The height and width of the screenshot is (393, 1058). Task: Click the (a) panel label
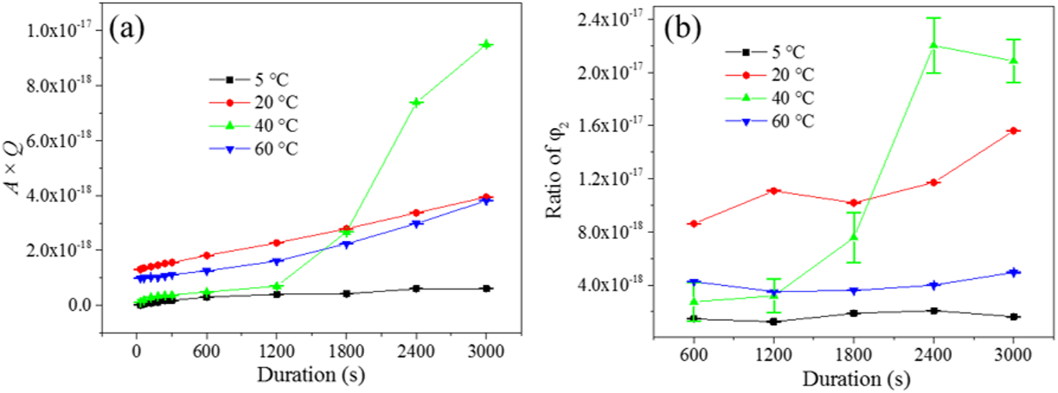click(127, 30)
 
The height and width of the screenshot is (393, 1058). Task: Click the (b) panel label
click(682, 28)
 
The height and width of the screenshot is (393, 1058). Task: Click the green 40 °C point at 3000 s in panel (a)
click(486, 44)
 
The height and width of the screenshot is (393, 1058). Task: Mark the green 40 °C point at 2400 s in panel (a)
click(416, 102)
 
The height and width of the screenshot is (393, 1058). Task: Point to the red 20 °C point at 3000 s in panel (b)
click(1013, 131)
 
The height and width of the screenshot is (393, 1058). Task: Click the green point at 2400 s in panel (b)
click(934, 45)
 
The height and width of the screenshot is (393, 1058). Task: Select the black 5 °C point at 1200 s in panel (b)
click(774, 321)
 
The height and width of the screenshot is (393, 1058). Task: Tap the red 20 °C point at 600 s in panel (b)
click(694, 223)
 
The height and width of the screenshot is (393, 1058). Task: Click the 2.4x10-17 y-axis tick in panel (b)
click(610, 19)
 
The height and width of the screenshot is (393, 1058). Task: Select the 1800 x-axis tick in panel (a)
click(346, 351)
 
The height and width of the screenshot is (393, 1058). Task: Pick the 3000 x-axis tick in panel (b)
click(1013, 354)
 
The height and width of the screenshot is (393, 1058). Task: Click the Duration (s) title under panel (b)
click(855, 378)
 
